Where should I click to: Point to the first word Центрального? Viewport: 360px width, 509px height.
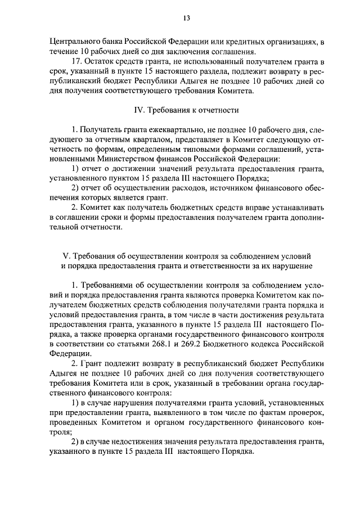click(73, 42)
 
